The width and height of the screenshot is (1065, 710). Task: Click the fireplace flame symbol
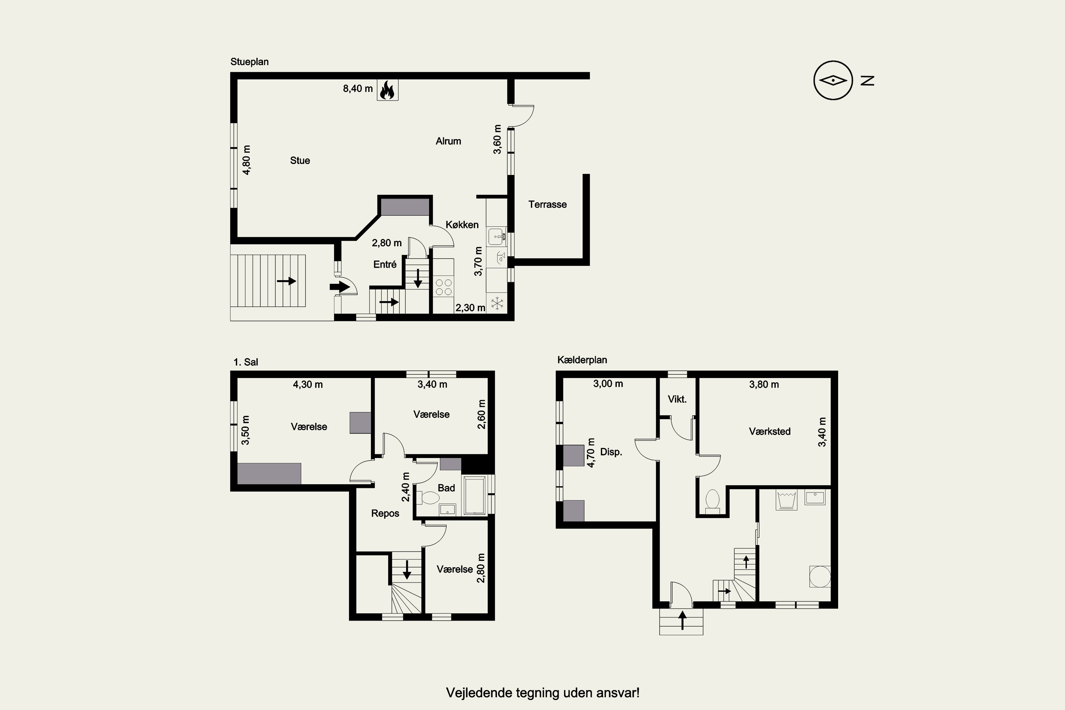[387, 90]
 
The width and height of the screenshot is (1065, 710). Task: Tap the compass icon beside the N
[833, 81]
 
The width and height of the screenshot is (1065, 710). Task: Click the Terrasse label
[547, 204]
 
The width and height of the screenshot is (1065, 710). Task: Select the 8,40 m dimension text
[358, 89]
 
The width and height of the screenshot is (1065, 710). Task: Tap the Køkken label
[462, 225]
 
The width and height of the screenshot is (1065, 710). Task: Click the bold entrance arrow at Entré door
[340, 286]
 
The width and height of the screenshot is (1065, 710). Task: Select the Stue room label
[300, 160]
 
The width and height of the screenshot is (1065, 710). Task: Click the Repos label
[385, 513]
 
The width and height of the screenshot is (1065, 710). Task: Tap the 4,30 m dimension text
[308, 384]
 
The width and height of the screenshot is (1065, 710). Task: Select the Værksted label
[770, 431]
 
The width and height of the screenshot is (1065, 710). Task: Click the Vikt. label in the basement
[677, 399]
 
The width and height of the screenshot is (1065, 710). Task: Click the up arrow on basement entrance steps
[682, 620]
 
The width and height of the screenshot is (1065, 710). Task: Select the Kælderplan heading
[582, 360]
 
